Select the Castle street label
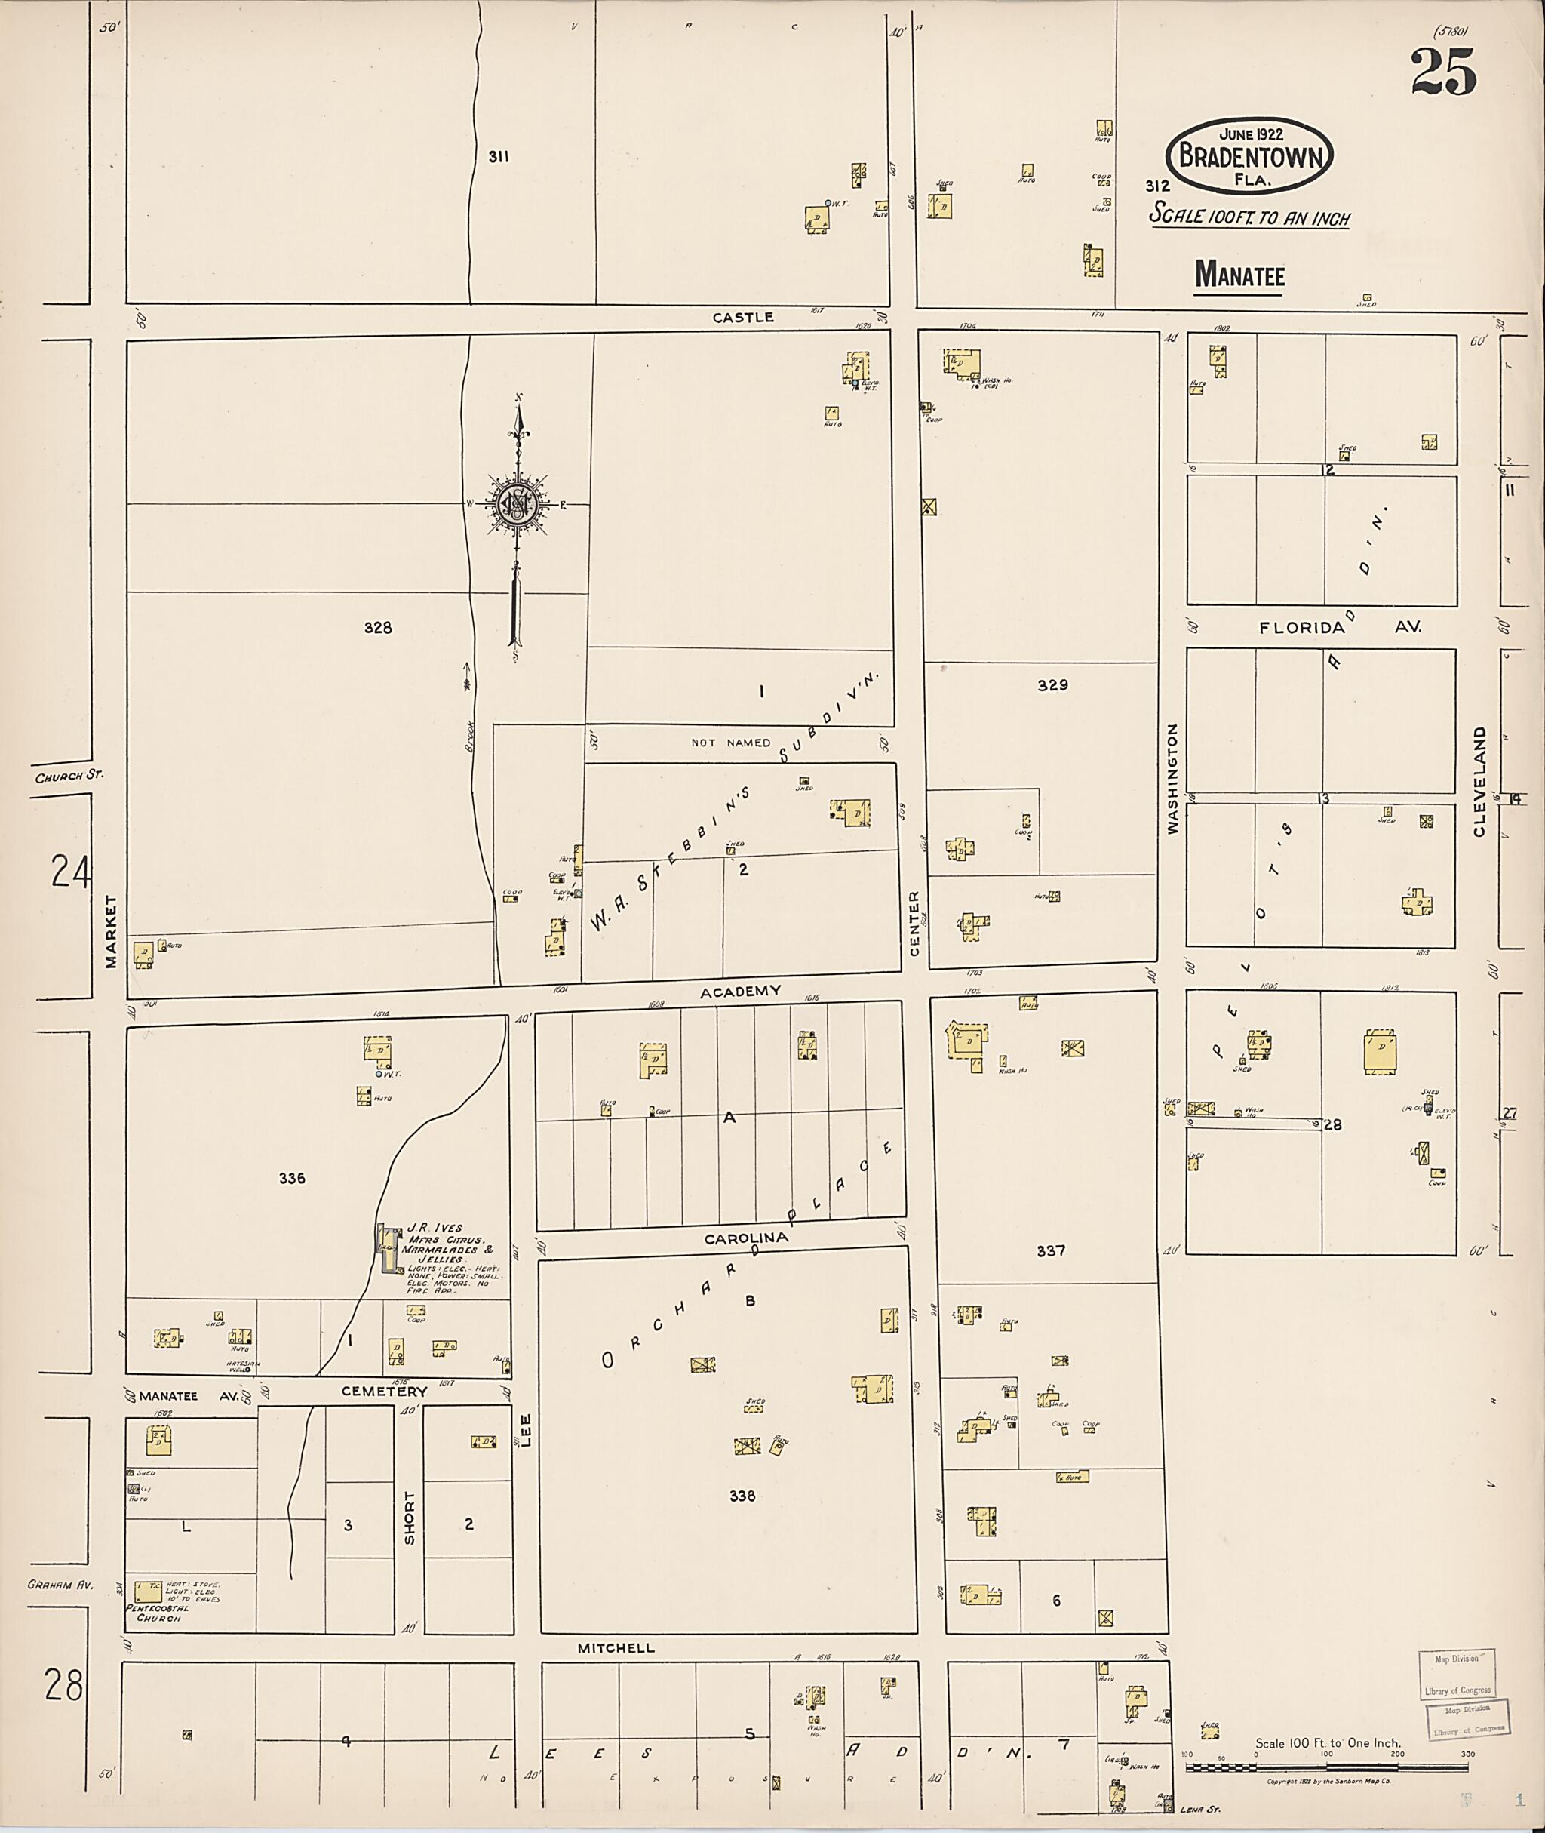(743, 318)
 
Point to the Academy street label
(740, 991)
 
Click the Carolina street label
(747, 1239)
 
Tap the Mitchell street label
(616, 1648)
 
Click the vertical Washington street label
(1173, 778)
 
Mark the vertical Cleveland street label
(1479, 782)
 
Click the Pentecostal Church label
(154, 1613)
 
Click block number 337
(1050, 1251)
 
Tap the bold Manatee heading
(1239, 276)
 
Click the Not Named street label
(730, 743)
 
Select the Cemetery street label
(384, 1392)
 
